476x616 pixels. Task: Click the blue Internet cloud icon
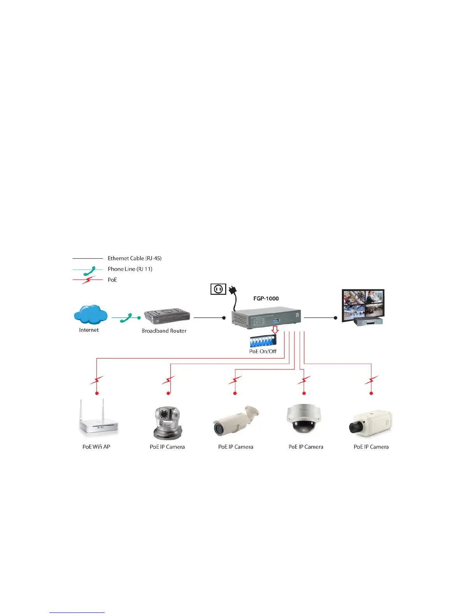click(x=91, y=315)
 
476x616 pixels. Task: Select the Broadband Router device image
click(x=167, y=317)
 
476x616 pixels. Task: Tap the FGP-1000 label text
click(x=266, y=299)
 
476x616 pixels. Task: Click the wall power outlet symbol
click(x=218, y=289)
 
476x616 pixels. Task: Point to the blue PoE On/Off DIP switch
click(x=263, y=341)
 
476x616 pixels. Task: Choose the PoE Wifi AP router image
click(x=98, y=419)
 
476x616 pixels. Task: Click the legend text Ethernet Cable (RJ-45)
click(x=135, y=258)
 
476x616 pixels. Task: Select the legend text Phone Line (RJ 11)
click(x=130, y=269)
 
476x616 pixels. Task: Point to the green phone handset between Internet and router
click(x=126, y=318)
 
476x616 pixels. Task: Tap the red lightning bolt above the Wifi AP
click(x=97, y=380)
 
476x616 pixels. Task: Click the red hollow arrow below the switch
click(x=275, y=329)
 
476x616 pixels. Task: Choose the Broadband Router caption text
click(x=164, y=331)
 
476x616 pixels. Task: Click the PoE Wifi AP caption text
click(x=96, y=447)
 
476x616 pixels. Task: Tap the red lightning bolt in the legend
click(x=89, y=280)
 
